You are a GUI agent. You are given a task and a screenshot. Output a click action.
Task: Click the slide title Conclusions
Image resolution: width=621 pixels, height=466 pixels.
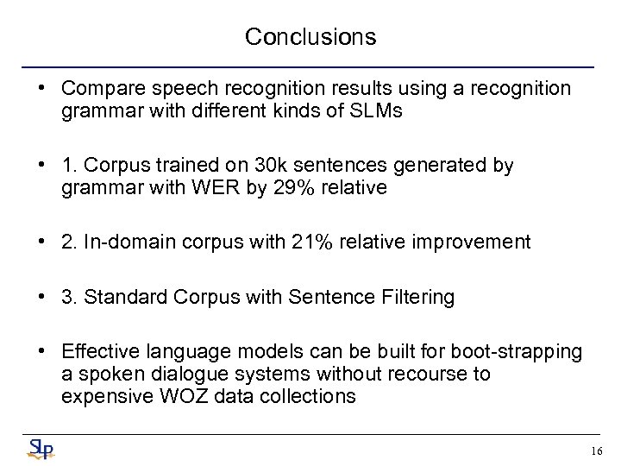tap(310, 37)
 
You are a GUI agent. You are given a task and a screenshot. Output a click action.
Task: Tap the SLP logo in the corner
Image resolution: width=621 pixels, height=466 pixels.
tap(41, 449)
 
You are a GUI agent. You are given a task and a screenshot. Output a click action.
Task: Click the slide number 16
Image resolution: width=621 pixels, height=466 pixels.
tap(596, 451)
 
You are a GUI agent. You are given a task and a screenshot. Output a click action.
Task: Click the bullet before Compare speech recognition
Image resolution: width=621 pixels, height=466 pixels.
tap(41, 89)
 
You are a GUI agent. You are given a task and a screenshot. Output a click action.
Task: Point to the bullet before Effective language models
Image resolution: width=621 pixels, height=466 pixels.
tap(41, 352)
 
